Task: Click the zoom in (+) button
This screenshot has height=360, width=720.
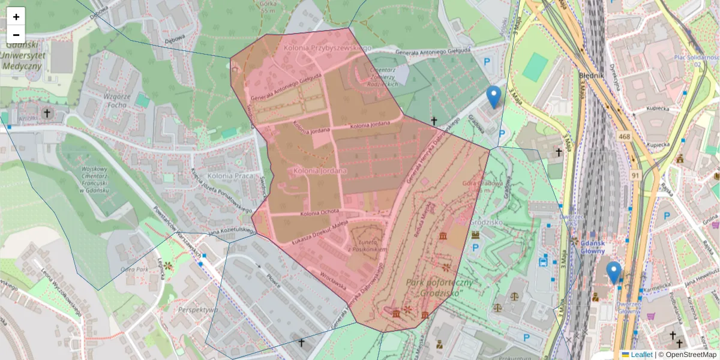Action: coord(16,17)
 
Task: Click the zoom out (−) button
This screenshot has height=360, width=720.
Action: coord(16,35)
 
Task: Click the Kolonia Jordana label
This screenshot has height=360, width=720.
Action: coord(320,171)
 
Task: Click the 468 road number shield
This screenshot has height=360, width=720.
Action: coord(625,137)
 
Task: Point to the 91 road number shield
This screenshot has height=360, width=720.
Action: coord(635,175)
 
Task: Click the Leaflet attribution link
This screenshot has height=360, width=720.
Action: coord(641,355)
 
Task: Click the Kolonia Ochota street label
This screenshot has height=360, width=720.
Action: coord(320,212)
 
